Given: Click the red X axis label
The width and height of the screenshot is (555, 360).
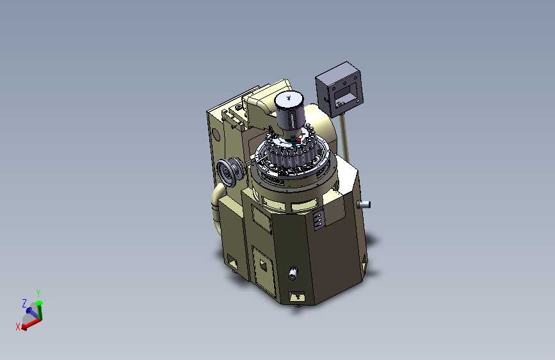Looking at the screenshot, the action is coord(18,327).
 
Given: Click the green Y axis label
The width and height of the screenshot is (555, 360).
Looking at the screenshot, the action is coord(38,293).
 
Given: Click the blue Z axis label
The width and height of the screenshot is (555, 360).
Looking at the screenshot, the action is coord(24,303).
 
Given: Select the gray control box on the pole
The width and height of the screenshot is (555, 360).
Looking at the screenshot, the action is coord(339,89).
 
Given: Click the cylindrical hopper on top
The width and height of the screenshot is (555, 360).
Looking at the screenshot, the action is coord(290,111).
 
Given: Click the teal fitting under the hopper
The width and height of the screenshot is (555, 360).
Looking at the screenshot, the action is coord(293,142).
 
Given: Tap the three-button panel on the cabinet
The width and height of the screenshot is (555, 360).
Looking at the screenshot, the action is coord(318,220).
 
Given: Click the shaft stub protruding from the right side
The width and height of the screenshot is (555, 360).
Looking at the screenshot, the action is coord(364,204).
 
